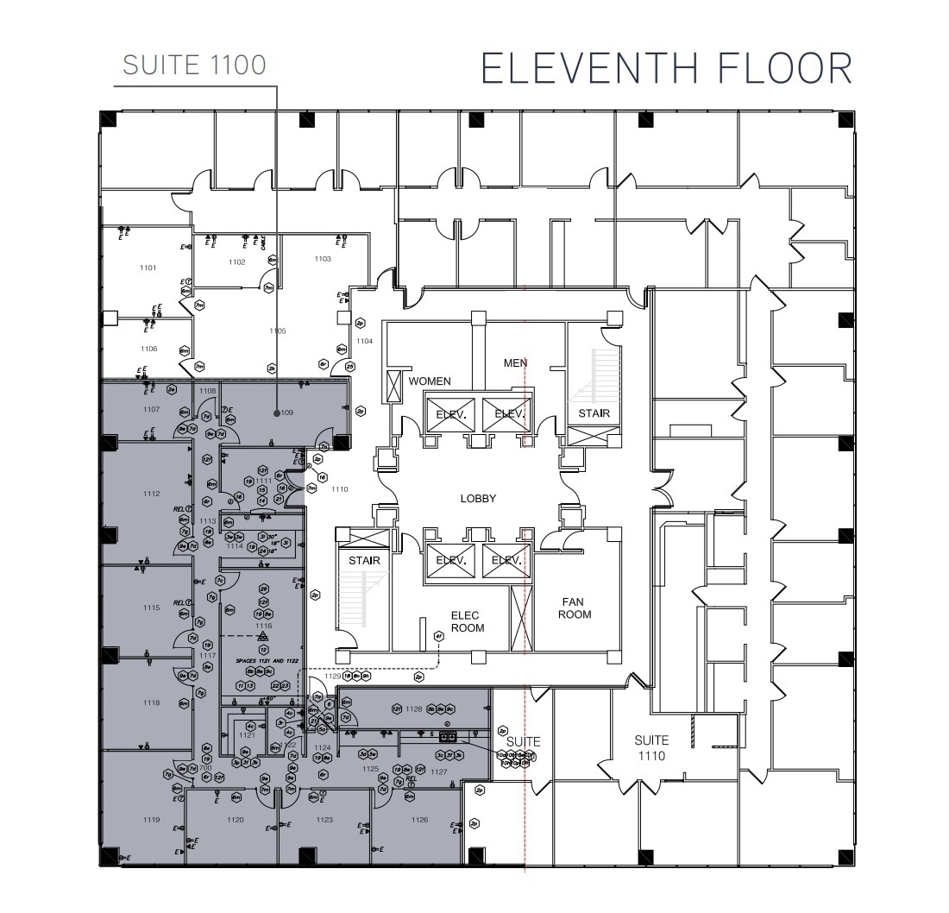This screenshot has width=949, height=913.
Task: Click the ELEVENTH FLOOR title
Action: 666,68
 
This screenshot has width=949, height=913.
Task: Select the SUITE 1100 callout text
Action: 194,66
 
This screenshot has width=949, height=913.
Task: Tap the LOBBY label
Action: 478,499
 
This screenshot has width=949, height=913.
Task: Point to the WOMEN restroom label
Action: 431,381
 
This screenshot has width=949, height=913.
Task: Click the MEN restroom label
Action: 515,363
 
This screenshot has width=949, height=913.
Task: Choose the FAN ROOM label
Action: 575,608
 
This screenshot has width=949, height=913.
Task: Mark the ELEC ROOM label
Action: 468,621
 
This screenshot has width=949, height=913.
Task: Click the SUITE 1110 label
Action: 651,747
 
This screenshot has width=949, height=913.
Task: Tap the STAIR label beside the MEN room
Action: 594,413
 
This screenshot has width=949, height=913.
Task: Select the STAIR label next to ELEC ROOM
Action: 364,560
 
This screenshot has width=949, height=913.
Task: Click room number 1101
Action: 148,268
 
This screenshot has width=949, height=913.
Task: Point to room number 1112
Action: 152,494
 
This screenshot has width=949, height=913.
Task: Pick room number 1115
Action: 152,608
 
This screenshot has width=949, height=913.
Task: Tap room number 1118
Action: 152,703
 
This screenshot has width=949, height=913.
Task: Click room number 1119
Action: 152,820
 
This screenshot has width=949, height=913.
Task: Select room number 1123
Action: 324,820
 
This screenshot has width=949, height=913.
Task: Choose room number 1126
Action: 419,820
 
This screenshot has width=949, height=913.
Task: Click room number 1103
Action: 322,259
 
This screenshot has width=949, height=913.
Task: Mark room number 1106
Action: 148,349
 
